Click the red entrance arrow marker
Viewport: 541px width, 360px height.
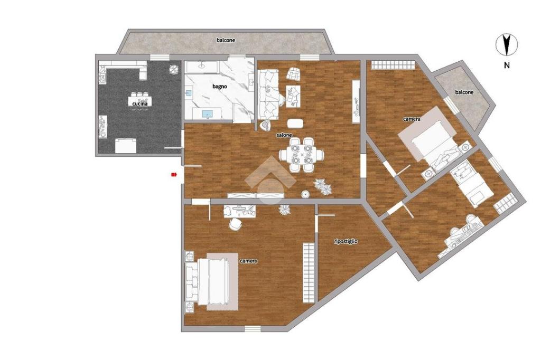(x=174, y=175)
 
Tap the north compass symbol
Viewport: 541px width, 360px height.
(x=507, y=45)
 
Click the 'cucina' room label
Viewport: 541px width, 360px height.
(x=140, y=103)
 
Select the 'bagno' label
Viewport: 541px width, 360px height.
(x=219, y=86)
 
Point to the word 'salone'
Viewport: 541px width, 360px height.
(x=284, y=135)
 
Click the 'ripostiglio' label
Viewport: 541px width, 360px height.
(x=346, y=241)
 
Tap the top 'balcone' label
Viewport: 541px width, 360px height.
(x=226, y=40)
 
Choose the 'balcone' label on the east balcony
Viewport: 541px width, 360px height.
(x=464, y=92)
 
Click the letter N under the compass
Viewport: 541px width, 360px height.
(x=507, y=65)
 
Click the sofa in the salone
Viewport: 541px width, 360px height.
(x=268, y=95)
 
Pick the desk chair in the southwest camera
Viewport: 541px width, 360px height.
(x=236, y=224)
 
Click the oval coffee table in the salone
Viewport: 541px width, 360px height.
(x=295, y=124)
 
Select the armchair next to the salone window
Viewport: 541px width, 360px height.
(x=293, y=73)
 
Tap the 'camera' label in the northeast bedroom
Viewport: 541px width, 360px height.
(x=412, y=119)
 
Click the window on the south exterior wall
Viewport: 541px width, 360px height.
(x=253, y=329)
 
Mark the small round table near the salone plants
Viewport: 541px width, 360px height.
(x=305, y=194)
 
